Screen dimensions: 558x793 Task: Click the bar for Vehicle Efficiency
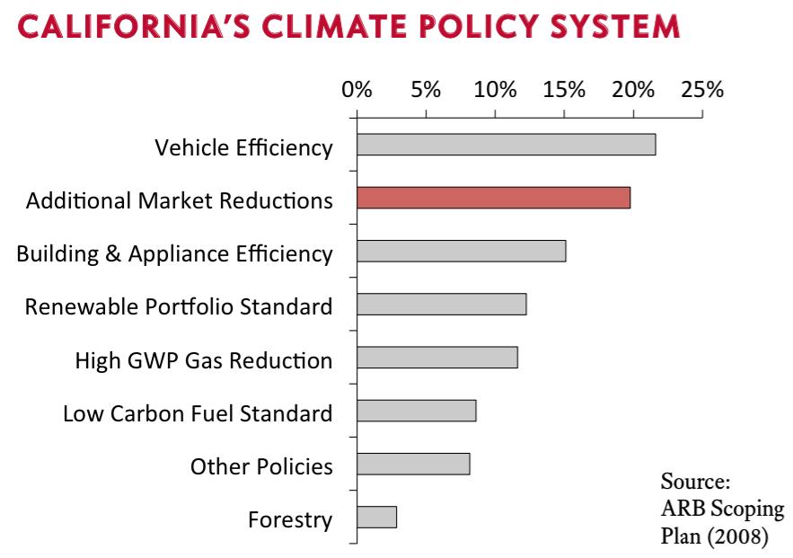click(x=506, y=145)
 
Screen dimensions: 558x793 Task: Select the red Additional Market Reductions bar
click(x=493, y=199)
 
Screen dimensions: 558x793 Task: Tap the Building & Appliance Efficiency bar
click(x=461, y=251)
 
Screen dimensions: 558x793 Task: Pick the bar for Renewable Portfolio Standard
click(x=441, y=305)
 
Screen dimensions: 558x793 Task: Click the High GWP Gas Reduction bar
click(x=436, y=358)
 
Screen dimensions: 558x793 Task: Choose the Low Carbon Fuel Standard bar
click(x=416, y=411)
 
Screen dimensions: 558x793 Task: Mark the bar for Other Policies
click(x=413, y=465)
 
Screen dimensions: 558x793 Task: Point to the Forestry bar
click(x=376, y=518)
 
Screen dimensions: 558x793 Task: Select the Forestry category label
click(x=289, y=519)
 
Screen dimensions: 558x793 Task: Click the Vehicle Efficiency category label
click(x=243, y=147)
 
